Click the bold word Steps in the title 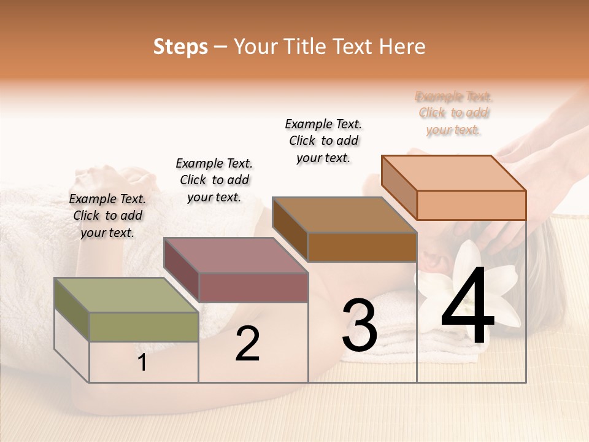[180, 47]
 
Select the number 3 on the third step [360, 325]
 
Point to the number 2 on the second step [247, 344]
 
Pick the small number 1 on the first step [142, 363]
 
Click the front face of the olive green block [144, 327]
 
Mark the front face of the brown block [362, 247]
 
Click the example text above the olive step [107, 215]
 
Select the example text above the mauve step [214, 180]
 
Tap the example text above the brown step [323, 141]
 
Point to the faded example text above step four [453, 113]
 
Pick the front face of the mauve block [253, 287]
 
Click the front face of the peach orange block [471, 205]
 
